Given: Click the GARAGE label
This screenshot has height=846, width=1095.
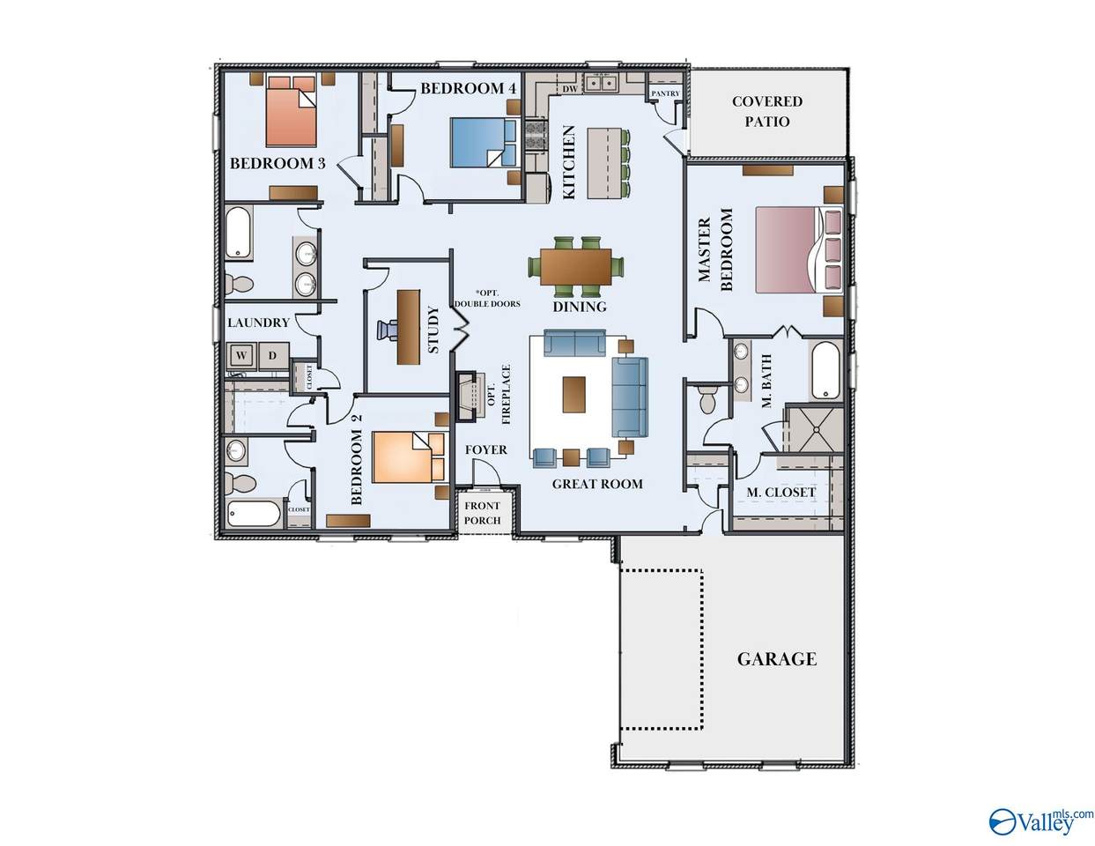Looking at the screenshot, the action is [x=776, y=659].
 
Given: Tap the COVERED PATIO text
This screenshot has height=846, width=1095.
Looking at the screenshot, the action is [x=767, y=111].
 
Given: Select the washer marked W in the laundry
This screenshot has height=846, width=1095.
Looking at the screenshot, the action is [x=240, y=355].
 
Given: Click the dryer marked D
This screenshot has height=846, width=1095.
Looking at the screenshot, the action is [x=272, y=355].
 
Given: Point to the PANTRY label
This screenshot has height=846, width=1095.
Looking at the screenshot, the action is [x=665, y=93].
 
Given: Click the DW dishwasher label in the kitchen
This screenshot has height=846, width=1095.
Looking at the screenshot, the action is [x=569, y=89].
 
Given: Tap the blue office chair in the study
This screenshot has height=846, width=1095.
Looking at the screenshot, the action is [x=387, y=330].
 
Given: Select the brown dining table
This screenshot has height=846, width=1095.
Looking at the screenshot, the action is [x=575, y=267].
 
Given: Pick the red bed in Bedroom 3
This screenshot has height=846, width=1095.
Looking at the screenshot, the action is [x=292, y=111].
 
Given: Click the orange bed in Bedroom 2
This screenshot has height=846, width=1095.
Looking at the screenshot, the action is [x=410, y=457].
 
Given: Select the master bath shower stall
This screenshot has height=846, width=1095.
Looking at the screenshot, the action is [x=814, y=430].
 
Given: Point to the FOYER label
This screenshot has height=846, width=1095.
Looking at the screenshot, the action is [x=485, y=449].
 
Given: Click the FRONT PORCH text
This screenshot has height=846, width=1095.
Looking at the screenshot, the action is [x=482, y=512].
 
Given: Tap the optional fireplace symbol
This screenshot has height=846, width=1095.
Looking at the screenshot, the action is [x=470, y=397].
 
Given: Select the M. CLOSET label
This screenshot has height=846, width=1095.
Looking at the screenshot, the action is [x=781, y=493].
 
